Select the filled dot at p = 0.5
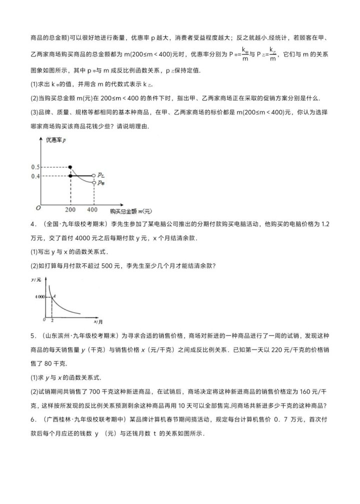[x=70, y=166]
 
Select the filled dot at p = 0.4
[x=70, y=175]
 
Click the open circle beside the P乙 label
[x=93, y=175]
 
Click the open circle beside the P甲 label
[x=93, y=183]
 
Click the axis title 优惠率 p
[x=55, y=141]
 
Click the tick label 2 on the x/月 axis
[x=51, y=319]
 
